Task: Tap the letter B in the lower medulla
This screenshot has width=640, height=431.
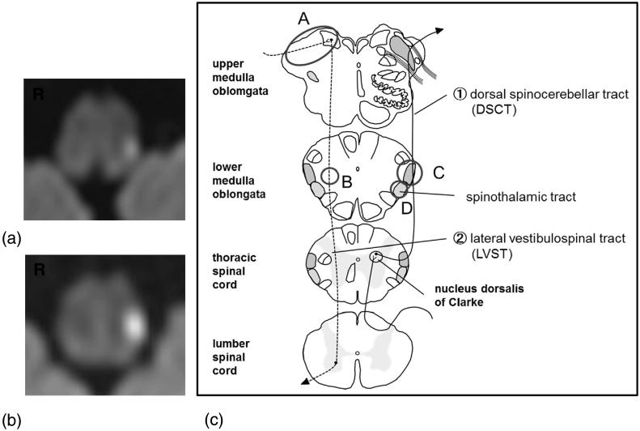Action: (345, 182)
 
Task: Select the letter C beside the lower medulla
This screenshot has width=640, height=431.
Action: (439, 172)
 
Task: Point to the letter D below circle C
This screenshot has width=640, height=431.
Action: (407, 208)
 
